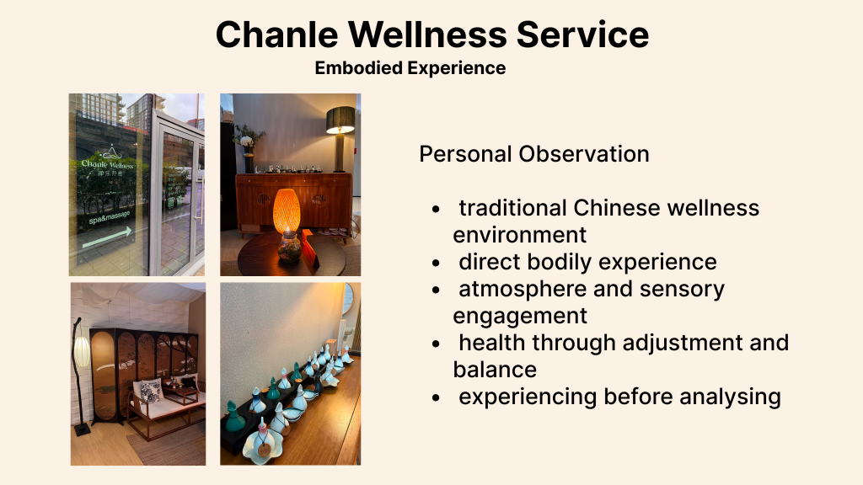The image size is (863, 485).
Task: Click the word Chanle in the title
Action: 276,35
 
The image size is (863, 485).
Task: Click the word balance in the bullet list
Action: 495,370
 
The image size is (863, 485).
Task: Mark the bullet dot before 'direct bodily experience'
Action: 437,264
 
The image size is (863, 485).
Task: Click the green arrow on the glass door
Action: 107,237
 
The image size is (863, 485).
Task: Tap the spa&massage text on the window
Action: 110,217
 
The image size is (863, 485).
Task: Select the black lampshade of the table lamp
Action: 340,120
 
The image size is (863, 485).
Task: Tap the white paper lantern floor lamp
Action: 81,352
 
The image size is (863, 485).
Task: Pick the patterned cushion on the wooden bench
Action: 150,391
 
